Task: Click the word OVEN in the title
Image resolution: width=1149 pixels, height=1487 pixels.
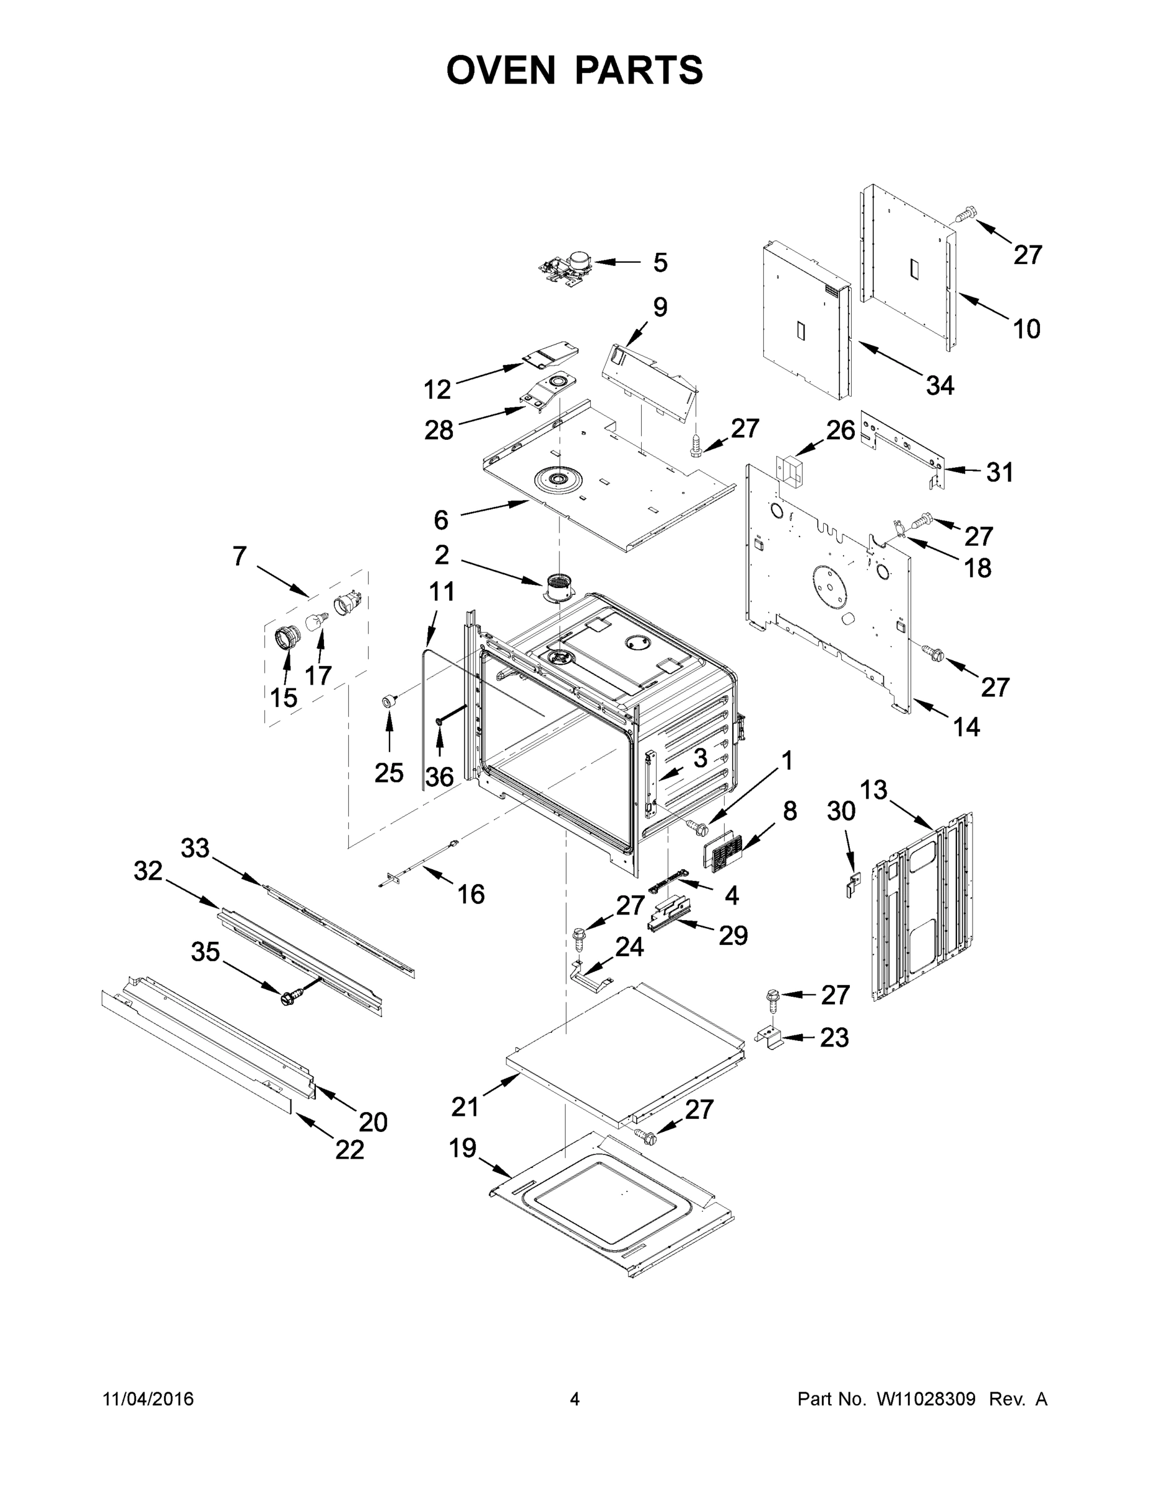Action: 501,70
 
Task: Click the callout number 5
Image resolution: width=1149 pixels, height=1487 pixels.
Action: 660,263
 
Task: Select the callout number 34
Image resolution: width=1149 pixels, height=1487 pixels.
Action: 940,386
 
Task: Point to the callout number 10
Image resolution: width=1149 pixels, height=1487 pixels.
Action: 1026,330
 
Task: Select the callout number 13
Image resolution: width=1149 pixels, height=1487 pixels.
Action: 873,790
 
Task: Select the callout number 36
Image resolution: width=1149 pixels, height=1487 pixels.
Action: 439,776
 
